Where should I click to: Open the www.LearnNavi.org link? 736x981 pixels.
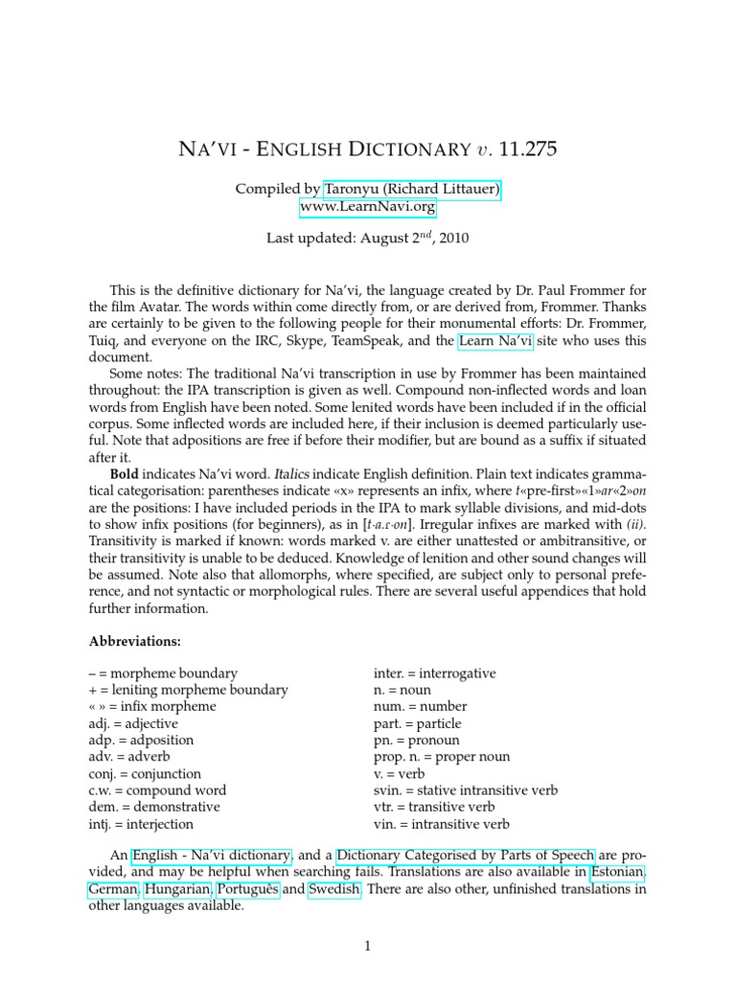pos(368,207)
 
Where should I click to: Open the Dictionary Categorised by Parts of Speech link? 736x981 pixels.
pos(466,855)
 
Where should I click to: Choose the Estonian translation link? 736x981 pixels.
pos(617,872)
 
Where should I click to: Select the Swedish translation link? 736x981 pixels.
pos(334,889)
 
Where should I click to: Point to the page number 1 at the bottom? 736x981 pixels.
pos(367,947)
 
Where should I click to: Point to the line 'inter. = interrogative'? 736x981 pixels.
pos(434,673)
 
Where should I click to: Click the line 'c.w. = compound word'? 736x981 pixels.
pos(157,790)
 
